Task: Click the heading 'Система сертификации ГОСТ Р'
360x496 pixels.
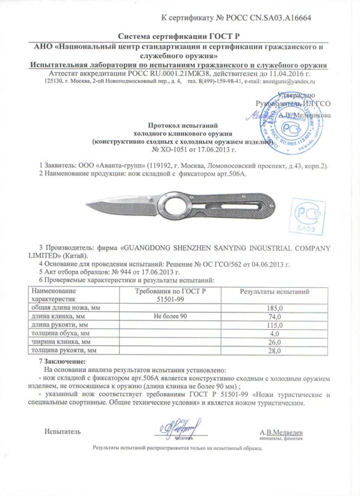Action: [180, 37]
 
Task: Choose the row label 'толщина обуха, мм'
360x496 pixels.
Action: [61, 334]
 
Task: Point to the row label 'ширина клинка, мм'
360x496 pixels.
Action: [63, 342]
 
